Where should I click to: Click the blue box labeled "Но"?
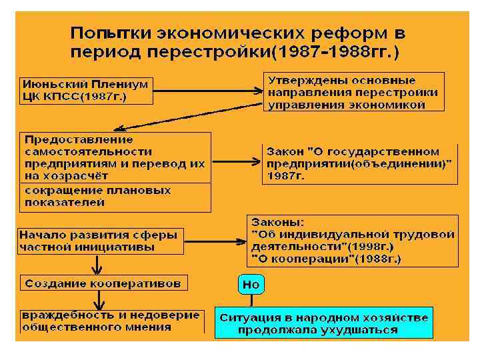pyautogui.click(x=251, y=285)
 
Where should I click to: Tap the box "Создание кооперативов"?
pyautogui.click(x=103, y=283)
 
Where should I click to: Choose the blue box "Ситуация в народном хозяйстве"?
pyautogui.click(x=323, y=323)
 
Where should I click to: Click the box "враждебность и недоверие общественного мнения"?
pyautogui.click(x=111, y=321)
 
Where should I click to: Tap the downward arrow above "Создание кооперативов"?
pyautogui.click(x=97, y=265)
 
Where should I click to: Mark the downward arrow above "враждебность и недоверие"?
pyautogui.click(x=97, y=299)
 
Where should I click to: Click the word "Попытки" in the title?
pyautogui.click(x=111, y=33)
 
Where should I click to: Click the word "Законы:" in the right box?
pyautogui.click(x=279, y=222)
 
